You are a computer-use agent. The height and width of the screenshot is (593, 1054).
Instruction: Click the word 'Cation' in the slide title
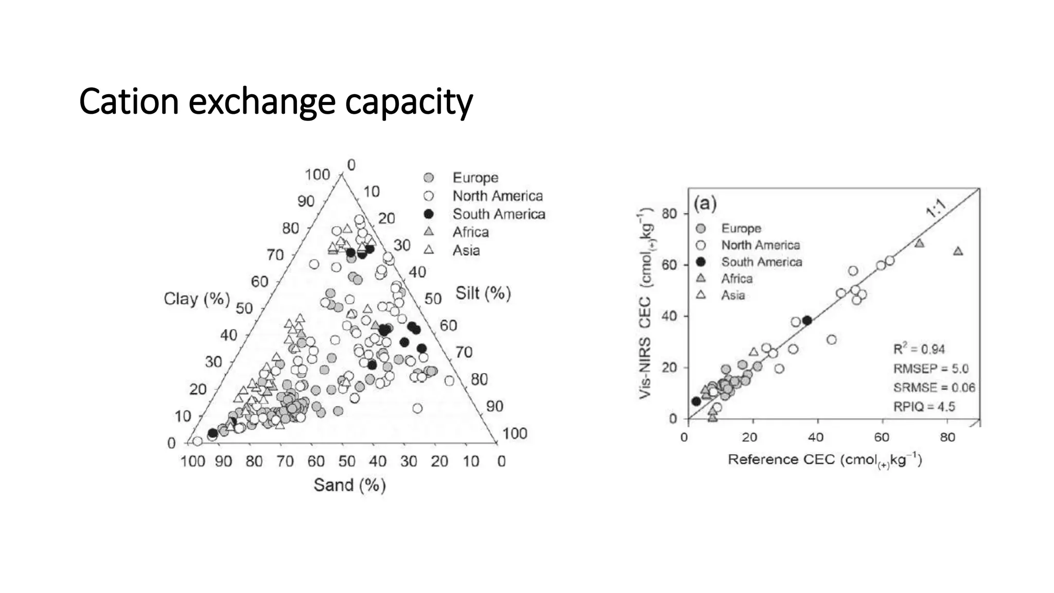coord(129,101)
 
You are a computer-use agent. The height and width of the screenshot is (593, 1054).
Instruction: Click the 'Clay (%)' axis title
coord(197,299)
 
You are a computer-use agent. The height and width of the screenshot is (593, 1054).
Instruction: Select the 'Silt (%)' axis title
coord(483,293)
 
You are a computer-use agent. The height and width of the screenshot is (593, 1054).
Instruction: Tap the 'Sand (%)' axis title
coord(349,485)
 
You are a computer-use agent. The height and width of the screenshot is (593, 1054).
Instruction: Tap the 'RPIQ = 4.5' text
coord(924,407)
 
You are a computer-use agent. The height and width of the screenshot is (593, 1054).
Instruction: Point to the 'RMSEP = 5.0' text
coord(930,369)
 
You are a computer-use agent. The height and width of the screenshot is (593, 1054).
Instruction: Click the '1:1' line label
coord(936,208)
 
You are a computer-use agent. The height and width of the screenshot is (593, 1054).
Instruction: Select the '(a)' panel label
coord(705,203)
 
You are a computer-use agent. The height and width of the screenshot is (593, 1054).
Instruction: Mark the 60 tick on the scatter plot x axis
coord(882,438)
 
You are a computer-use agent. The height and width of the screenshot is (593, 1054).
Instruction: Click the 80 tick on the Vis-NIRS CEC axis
coord(669,214)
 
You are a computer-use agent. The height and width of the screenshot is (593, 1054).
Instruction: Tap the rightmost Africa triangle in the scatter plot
coord(958,251)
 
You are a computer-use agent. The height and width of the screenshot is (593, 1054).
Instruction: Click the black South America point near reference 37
coord(807,320)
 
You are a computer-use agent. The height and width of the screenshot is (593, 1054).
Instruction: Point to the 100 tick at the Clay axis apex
coord(317,175)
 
